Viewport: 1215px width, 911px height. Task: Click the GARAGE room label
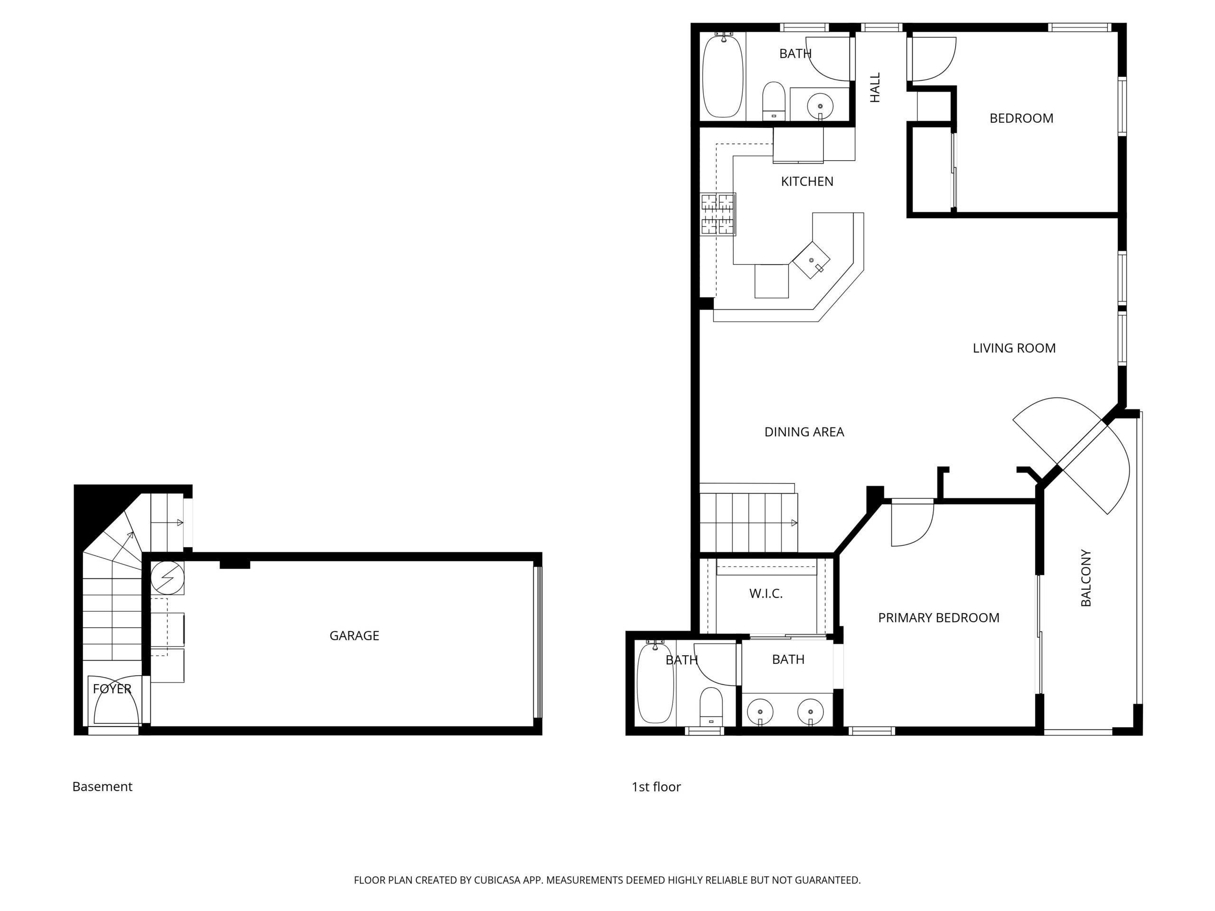pyautogui.click(x=354, y=635)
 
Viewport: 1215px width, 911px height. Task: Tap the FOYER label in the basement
pyautogui.click(x=112, y=688)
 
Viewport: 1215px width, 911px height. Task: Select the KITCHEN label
pyautogui.click(x=807, y=181)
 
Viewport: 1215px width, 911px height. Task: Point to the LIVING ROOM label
pyautogui.click(x=1014, y=348)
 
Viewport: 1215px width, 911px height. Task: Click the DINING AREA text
pyautogui.click(x=804, y=432)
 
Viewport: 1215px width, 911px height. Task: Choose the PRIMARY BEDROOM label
pyautogui.click(x=939, y=618)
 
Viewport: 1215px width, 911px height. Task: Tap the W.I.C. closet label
pyautogui.click(x=766, y=593)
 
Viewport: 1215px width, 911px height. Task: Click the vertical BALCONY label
pyautogui.click(x=1086, y=578)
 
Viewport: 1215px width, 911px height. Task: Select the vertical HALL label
pyautogui.click(x=875, y=87)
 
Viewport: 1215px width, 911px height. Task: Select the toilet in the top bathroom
pyautogui.click(x=774, y=101)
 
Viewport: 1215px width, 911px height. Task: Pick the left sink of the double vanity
pyautogui.click(x=760, y=712)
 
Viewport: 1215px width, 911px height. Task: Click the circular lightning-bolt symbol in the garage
pyautogui.click(x=168, y=577)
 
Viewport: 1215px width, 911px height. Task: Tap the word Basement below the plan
pyautogui.click(x=102, y=786)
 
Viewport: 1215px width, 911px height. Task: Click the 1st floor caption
pyautogui.click(x=656, y=787)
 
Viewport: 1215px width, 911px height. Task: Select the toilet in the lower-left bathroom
pyautogui.click(x=711, y=706)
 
